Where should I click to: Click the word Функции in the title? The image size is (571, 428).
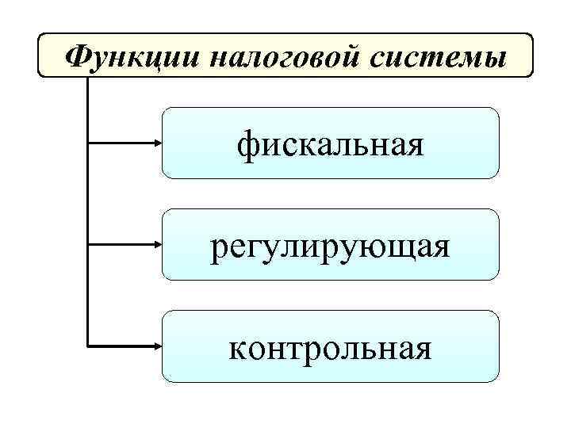118,55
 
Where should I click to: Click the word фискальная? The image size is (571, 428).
331,144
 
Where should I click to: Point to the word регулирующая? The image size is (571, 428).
331,247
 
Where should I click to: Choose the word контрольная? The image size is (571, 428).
331,348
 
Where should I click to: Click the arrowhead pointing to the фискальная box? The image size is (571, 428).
155,143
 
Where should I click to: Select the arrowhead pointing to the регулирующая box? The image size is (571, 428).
155,245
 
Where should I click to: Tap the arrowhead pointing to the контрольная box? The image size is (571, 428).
155,346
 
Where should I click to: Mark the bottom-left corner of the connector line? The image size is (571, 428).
86,346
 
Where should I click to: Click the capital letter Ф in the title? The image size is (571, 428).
78,55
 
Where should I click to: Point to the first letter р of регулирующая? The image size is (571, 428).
220,249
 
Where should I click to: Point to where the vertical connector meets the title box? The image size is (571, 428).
86,77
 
